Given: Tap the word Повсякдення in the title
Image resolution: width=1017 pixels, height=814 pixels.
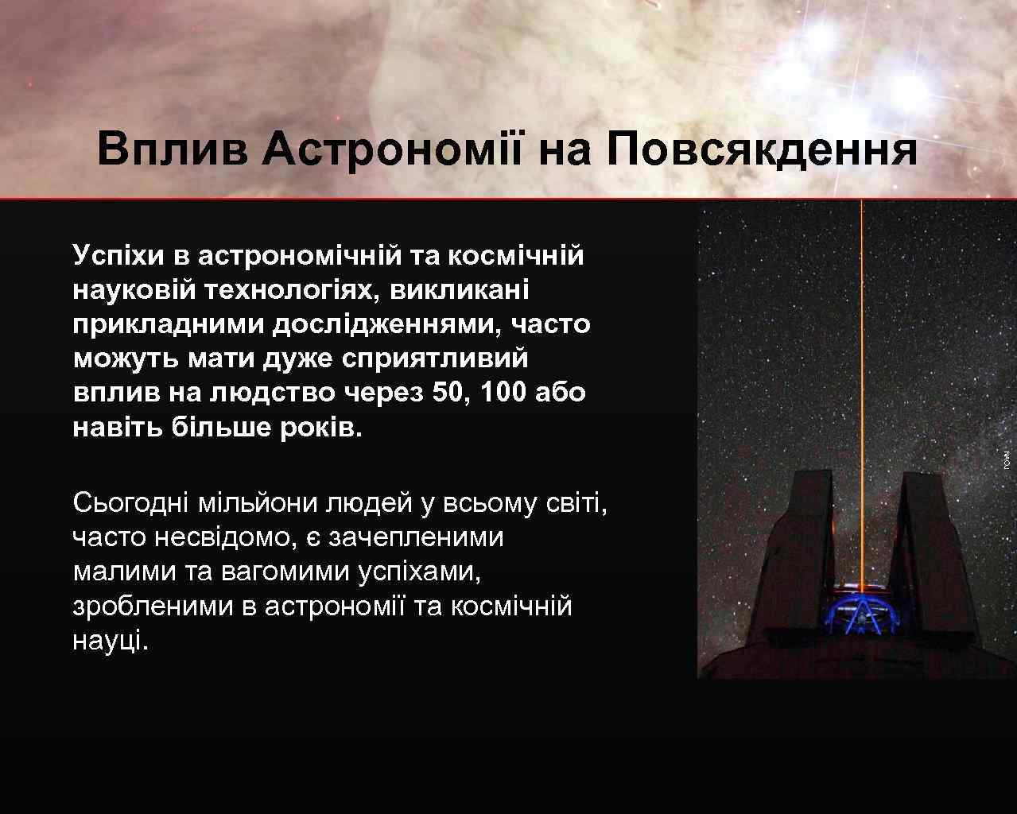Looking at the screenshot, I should pyautogui.click(x=761, y=149).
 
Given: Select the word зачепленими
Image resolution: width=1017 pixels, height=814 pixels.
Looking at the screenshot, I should pyautogui.click(x=416, y=537).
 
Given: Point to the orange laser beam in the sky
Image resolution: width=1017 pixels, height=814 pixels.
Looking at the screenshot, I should pyautogui.click(x=861, y=358).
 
